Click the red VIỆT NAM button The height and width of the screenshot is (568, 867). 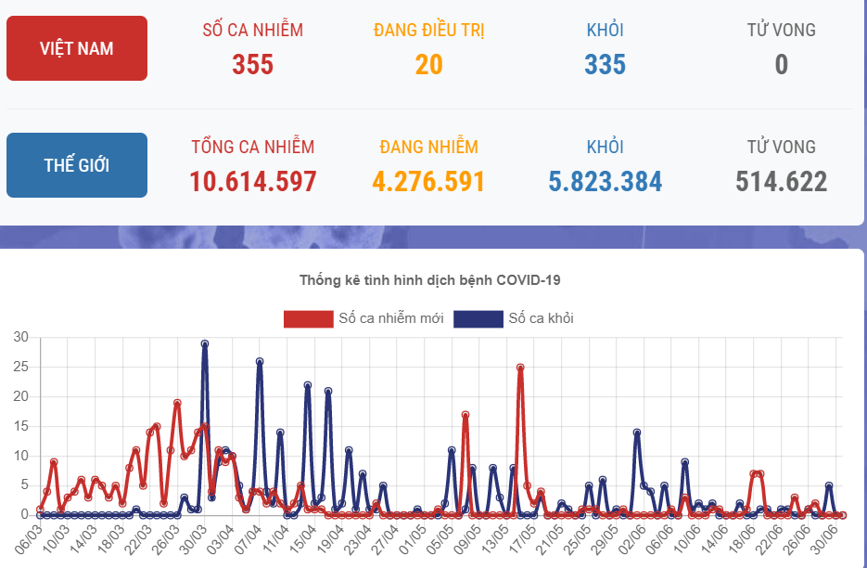[x=76, y=48]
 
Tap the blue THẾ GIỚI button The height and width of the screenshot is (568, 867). [x=76, y=165]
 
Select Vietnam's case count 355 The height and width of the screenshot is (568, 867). [x=252, y=64]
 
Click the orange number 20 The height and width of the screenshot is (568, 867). [x=428, y=64]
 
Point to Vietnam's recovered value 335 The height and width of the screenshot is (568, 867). [x=605, y=64]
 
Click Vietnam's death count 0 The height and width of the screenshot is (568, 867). [x=781, y=64]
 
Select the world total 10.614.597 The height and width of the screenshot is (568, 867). [x=252, y=181]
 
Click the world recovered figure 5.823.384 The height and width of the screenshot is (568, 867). [x=605, y=181]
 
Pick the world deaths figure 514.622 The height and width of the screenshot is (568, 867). [x=781, y=181]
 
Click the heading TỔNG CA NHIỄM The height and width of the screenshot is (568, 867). [x=252, y=147]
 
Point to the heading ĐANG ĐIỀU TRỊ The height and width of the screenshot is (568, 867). [x=428, y=30]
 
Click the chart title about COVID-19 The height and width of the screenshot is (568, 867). [x=429, y=279]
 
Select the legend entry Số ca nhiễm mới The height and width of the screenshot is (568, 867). [x=363, y=318]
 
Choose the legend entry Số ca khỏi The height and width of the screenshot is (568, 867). [x=514, y=318]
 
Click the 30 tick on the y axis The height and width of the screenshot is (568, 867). [x=20, y=337]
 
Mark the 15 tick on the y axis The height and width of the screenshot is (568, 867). [x=20, y=426]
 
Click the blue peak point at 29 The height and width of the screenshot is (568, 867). [x=205, y=343]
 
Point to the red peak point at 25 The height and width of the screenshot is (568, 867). [x=520, y=367]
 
